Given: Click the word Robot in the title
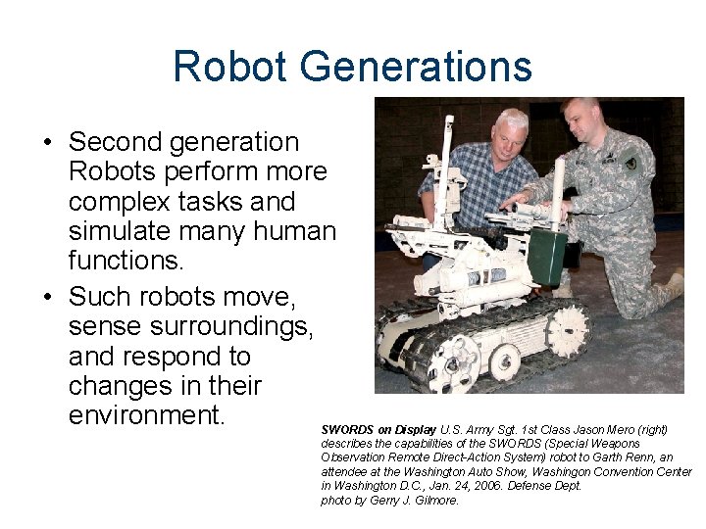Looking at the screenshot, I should [229, 67].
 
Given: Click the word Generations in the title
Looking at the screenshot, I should [417, 67].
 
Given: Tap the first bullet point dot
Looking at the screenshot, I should [47, 143].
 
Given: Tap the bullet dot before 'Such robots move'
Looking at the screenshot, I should [47, 296].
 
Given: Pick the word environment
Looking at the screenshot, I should [147, 415].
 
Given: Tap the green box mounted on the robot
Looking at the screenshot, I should [547, 255].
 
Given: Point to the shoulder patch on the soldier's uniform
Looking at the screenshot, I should [630, 163].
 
